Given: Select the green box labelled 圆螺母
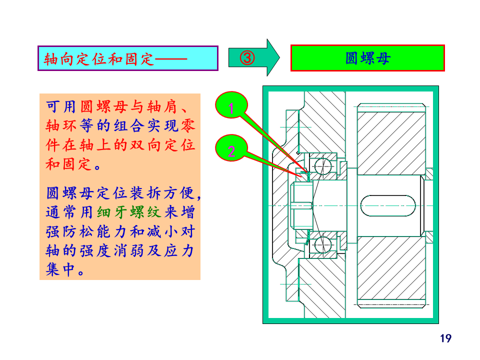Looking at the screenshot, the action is coord(367,58).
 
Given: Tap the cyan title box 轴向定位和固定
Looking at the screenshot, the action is coord(128,58).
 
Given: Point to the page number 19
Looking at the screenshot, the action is coord(445,338).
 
